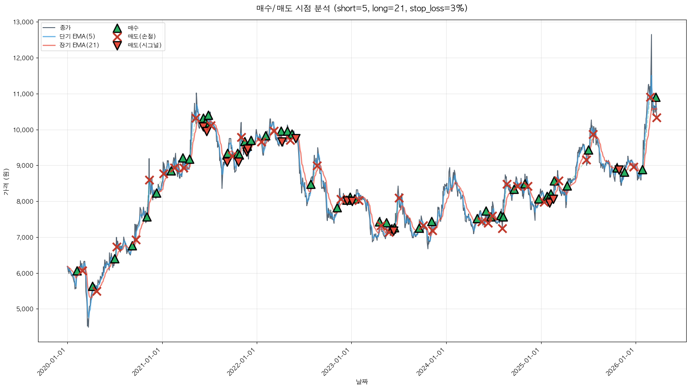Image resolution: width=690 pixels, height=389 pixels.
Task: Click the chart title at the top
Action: [362, 8]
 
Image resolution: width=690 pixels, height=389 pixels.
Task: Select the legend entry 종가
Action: [65, 28]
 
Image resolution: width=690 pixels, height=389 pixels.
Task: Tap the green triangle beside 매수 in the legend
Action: [117, 28]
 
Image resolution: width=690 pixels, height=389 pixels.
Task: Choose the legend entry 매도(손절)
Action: [141, 36]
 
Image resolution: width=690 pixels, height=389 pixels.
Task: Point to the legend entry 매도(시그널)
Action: [144, 45]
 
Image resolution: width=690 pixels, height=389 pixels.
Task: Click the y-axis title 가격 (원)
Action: [6, 182]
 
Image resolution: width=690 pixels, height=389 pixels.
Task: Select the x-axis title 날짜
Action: [362, 381]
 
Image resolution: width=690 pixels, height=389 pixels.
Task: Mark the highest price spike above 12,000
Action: [651, 35]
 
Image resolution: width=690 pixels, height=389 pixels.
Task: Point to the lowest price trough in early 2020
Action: [88, 326]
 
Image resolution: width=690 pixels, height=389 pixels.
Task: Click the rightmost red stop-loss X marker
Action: [657, 118]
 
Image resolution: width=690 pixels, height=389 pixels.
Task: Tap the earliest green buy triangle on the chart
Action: [77, 271]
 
